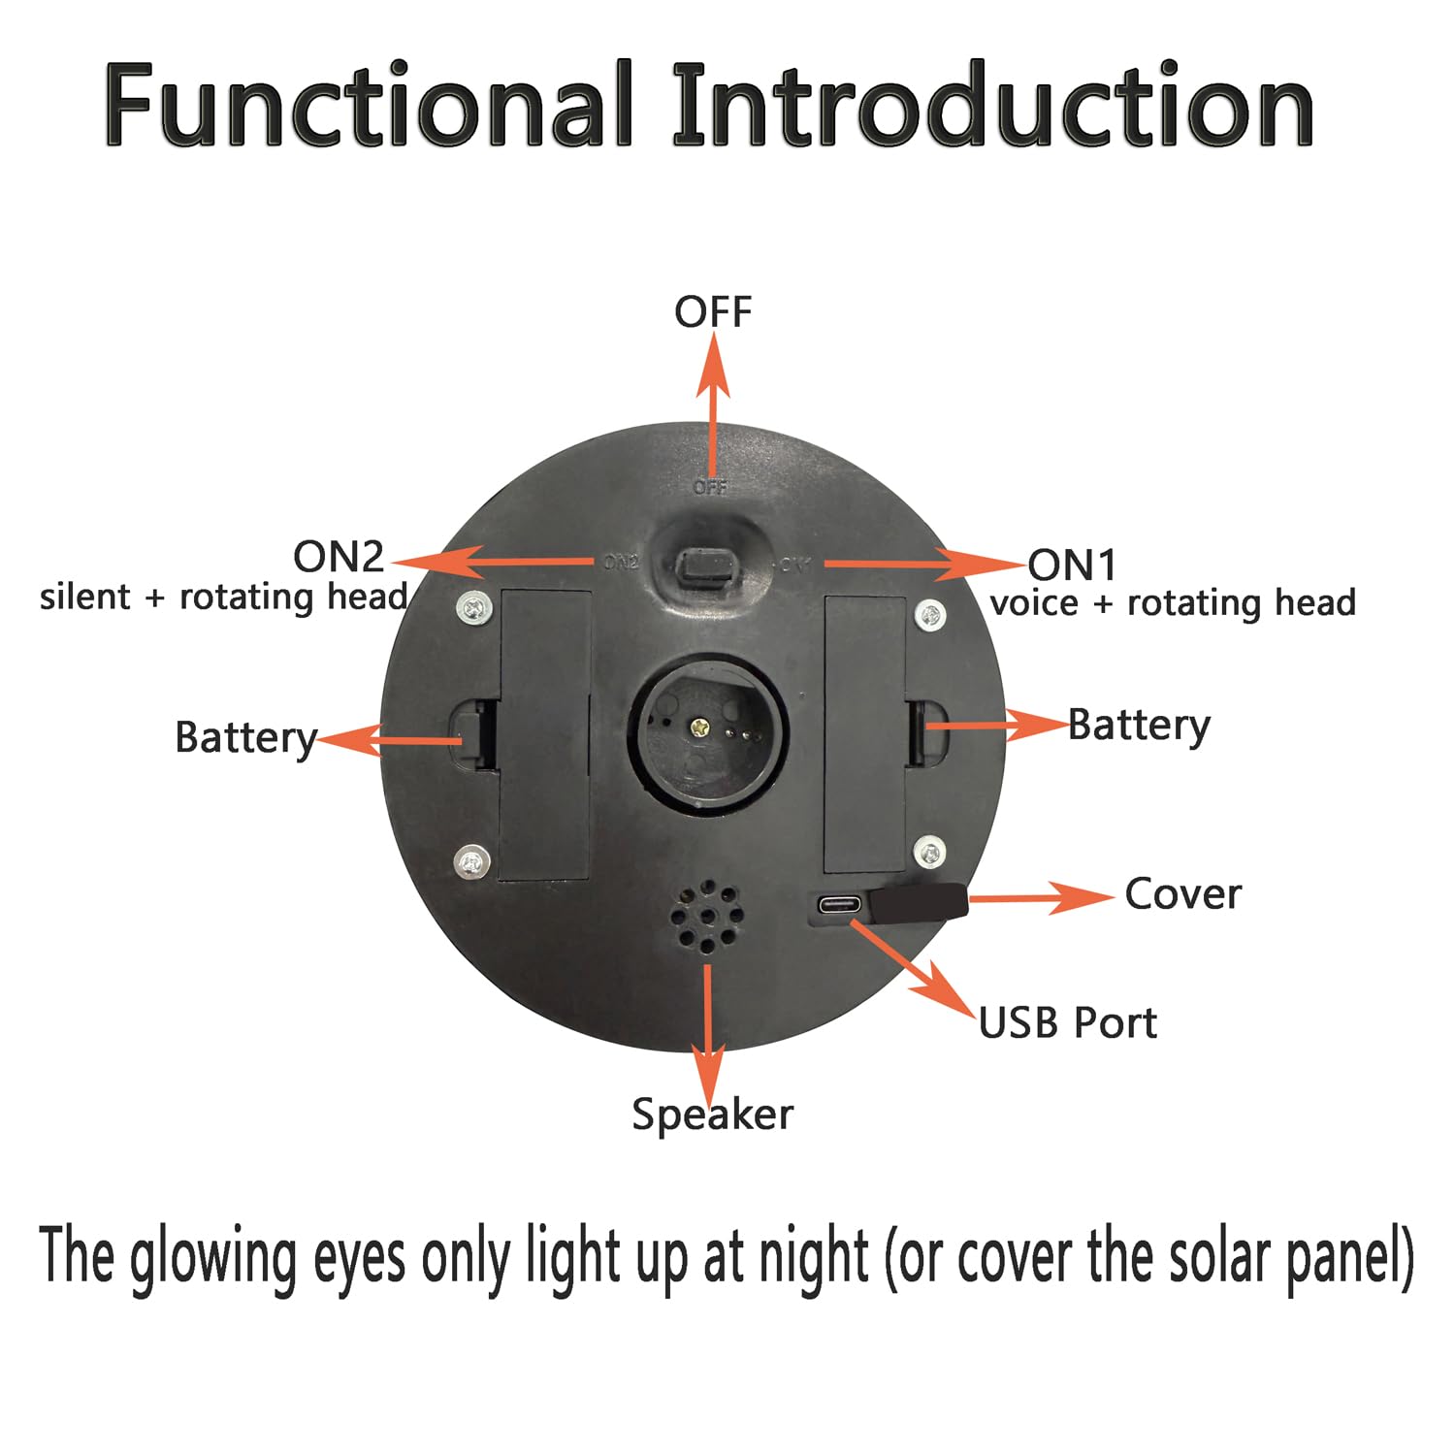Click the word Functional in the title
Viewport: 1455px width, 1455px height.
tap(369, 104)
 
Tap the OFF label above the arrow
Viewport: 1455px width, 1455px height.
tap(713, 312)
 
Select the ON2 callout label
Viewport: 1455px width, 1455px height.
tap(339, 557)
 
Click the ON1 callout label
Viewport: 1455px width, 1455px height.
tap(1073, 565)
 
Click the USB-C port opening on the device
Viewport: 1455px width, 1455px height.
tap(838, 906)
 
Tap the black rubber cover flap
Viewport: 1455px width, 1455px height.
tap(918, 902)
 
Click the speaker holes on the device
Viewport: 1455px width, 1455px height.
tap(707, 918)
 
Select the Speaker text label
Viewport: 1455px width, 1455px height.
tap(713, 1115)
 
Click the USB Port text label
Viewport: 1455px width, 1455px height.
tap(1068, 1023)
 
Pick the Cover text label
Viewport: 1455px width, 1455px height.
tap(1183, 894)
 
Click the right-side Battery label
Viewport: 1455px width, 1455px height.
tap(1140, 727)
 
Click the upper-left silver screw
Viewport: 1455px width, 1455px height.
tap(472, 607)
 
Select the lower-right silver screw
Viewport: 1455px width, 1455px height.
tap(930, 853)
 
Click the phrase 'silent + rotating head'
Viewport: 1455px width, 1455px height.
tap(224, 598)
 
